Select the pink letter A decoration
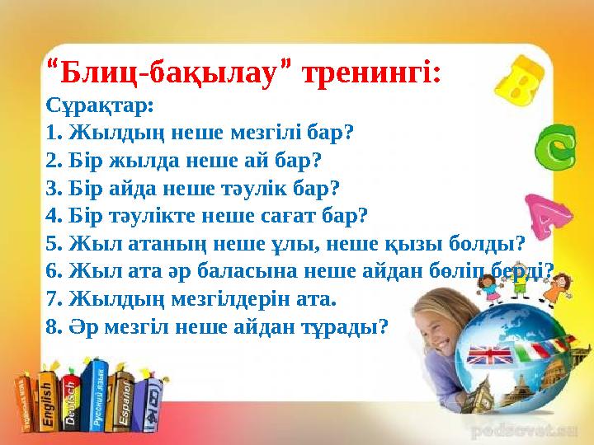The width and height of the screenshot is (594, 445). click(x=549, y=214)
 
